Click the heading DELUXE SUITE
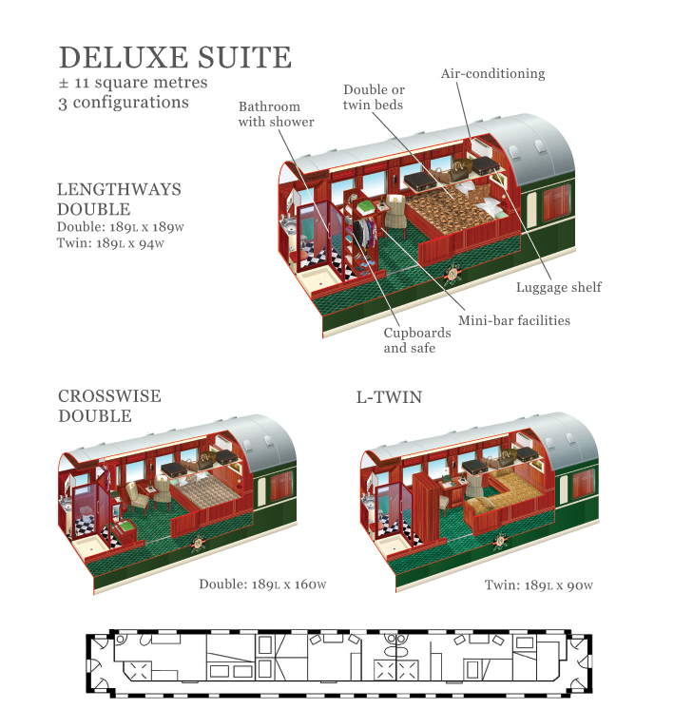(x=175, y=56)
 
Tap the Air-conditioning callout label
(x=492, y=73)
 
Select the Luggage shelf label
(x=558, y=287)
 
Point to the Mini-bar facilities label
(x=514, y=320)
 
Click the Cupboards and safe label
(x=410, y=340)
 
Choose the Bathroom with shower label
(x=276, y=114)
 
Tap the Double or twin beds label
(x=374, y=97)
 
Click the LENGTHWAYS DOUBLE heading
(x=119, y=199)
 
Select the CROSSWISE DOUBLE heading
(x=109, y=406)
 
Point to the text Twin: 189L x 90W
(x=538, y=584)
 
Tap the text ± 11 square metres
(x=133, y=83)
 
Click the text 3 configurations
(x=123, y=103)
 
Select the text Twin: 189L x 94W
(x=110, y=243)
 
